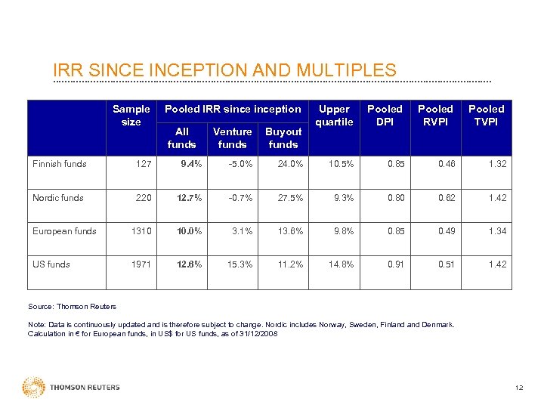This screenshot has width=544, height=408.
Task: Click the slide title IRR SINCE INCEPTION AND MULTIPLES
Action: (224, 70)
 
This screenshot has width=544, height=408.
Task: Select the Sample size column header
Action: (131, 115)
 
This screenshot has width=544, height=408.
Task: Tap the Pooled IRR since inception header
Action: (233, 109)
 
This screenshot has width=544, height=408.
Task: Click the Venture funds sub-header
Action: (232, 138)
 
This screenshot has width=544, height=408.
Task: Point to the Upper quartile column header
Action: (334, 115)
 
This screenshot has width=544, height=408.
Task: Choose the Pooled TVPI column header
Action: (486, 115)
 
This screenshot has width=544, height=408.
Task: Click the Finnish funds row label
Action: (60, 164)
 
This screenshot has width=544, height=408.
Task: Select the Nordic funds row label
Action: (58, 198)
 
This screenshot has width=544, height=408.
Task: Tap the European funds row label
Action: (64, 231)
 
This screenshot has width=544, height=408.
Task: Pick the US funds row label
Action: (51, 264)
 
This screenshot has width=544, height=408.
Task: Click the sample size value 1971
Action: (140, 264)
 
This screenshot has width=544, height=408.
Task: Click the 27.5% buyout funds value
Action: (290, 198)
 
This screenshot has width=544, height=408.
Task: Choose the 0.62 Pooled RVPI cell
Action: (446, 198)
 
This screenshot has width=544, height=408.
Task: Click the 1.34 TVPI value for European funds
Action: (496, 231)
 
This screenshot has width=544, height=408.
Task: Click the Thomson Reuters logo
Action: (71, 388)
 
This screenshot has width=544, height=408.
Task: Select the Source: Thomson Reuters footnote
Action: (72, 306)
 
